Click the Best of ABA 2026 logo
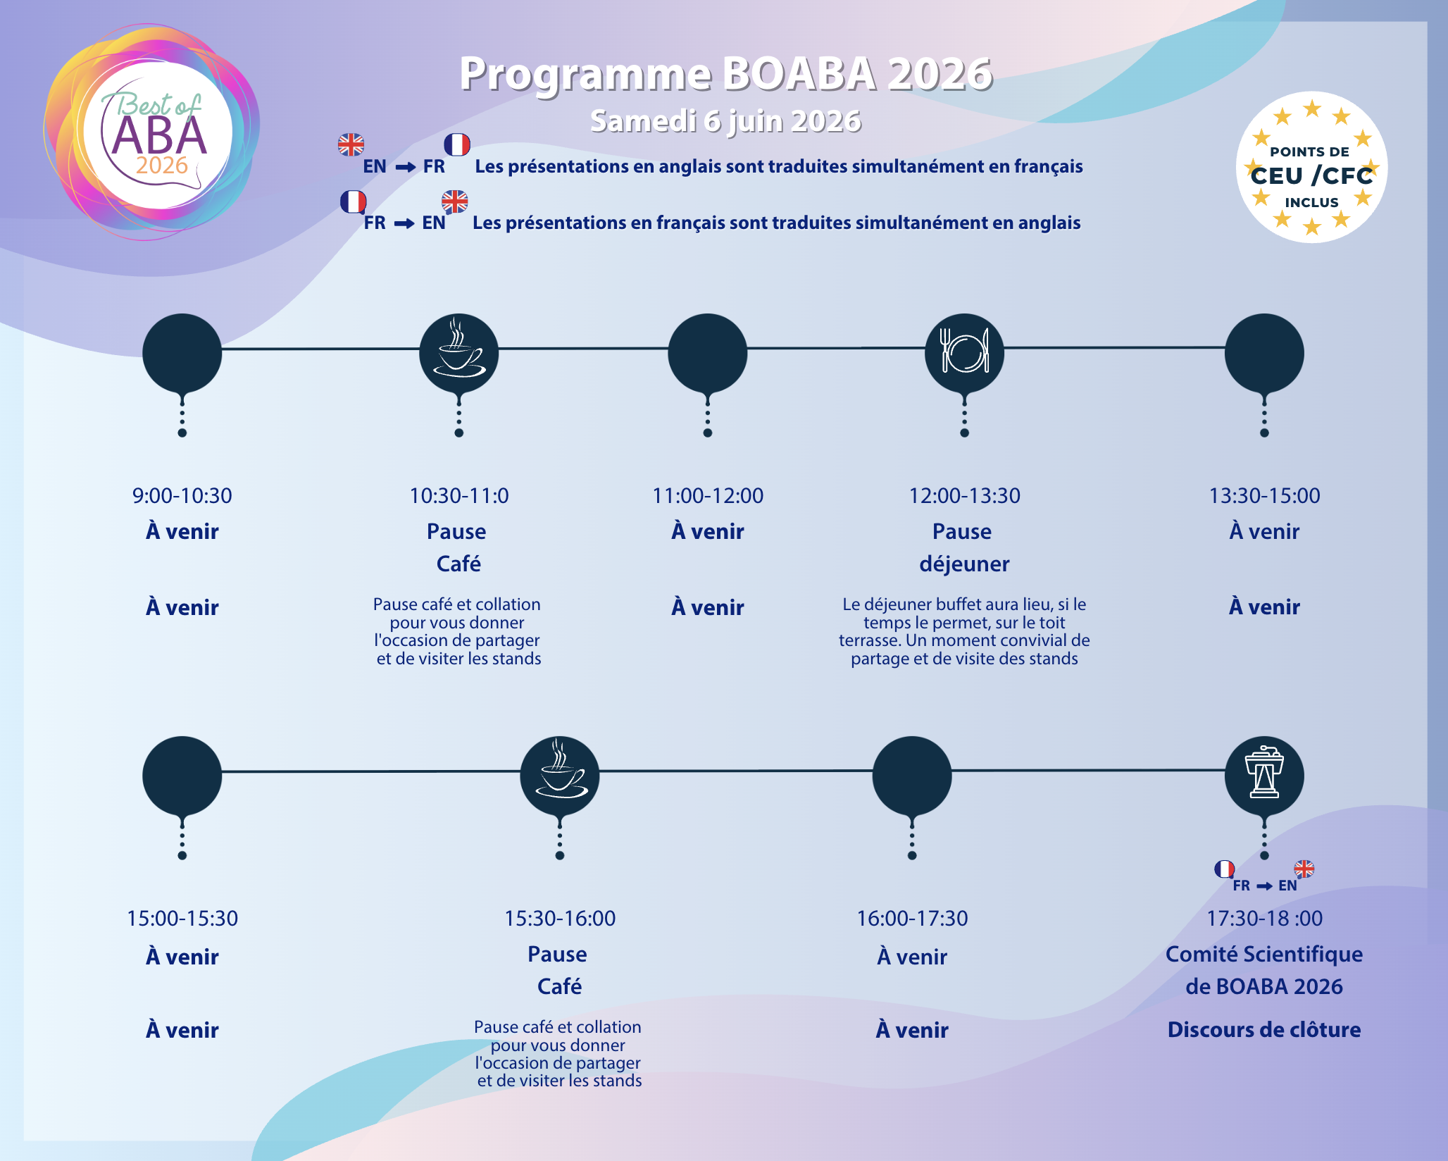[152, 132]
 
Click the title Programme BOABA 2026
[726, 74]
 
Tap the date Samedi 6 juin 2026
[725, 121]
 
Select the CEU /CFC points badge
[1311, 168]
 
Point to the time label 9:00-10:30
[182, 496]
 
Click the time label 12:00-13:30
[964, 496]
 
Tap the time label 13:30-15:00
[1264, 496]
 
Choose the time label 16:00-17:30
[912, 919]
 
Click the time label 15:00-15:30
[182, 919]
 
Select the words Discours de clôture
[1264, 1030]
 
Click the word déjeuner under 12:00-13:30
[964, 564]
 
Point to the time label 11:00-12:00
[708, 496]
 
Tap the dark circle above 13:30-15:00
[1264, 352]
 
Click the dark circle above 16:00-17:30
[912, 775]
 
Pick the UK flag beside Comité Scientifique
[1304, 869]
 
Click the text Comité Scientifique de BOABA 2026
[1264, 970]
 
